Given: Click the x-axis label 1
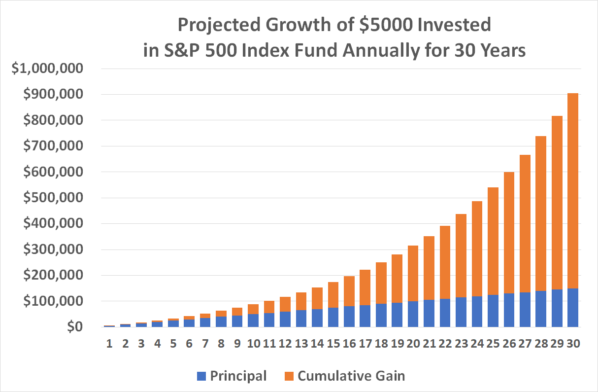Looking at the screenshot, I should click(109, 344).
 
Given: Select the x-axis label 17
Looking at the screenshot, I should click(365, 344).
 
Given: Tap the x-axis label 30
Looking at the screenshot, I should click(572, 344).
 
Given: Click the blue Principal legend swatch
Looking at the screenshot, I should click(201, 376).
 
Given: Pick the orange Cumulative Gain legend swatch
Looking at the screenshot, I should click(289, 376).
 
